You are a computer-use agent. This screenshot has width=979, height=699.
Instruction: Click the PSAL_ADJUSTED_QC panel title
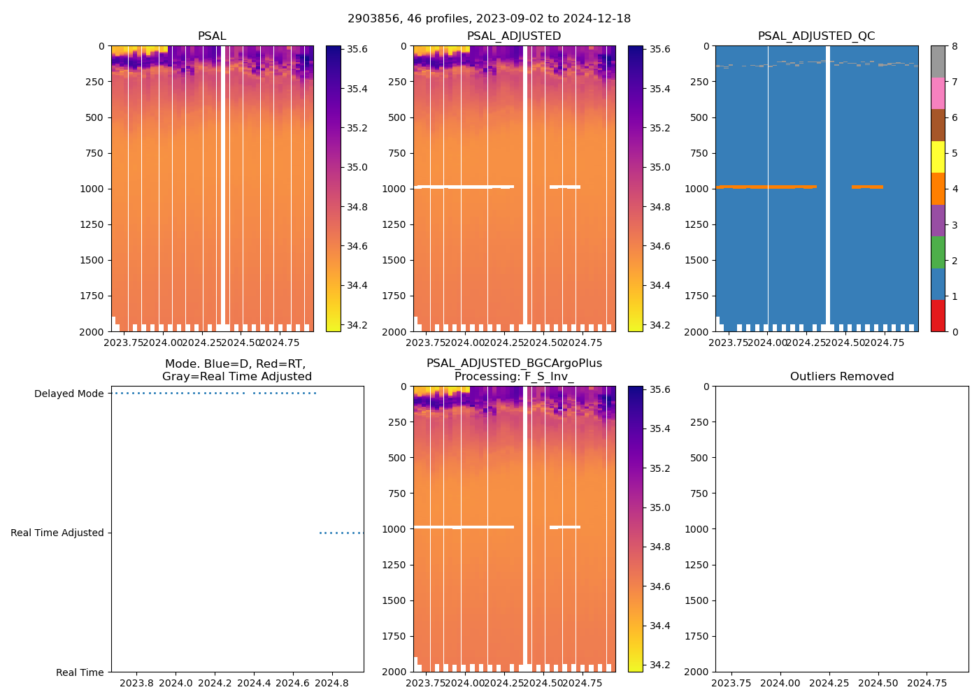816,36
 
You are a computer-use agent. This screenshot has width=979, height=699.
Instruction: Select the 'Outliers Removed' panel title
842,377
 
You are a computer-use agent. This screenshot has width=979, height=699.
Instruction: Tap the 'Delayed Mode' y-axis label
69,394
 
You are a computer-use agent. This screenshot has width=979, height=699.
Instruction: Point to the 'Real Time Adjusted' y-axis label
57,533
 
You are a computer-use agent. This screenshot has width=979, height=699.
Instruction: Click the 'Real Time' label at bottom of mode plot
80,672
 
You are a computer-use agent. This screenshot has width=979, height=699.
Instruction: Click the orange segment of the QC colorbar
938,189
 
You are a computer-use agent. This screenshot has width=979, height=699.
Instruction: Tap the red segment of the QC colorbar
938,316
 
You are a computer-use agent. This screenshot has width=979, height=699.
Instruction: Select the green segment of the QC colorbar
938,252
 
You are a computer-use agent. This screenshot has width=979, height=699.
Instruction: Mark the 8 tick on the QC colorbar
955,47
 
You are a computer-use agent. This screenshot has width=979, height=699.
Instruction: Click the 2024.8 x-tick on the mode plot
331,683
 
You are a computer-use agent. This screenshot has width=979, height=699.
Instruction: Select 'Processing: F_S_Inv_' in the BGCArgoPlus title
514,377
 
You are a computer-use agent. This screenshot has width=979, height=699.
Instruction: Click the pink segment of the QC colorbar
938,93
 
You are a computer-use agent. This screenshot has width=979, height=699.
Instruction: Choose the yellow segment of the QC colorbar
938,157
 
